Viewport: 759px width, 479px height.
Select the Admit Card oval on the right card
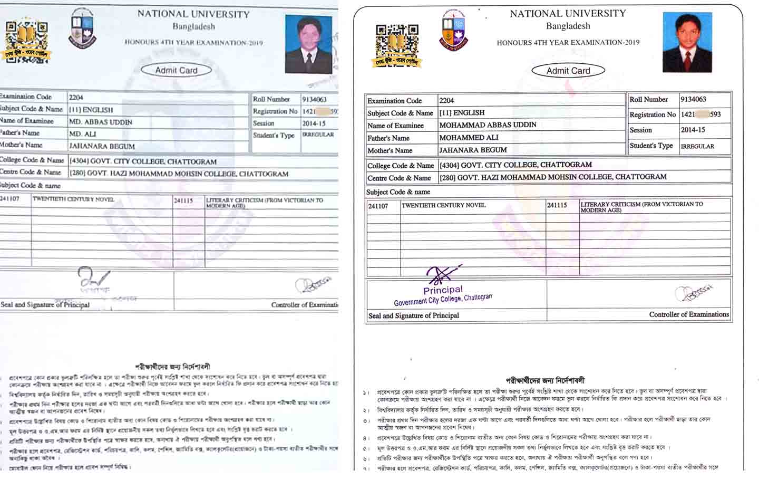pos(568,71)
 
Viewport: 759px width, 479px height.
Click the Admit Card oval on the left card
pos(176,70)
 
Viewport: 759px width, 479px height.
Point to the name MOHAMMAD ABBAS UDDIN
pos(488,125)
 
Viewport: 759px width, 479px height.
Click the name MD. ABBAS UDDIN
pos(101,122)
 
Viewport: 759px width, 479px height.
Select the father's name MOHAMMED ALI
pos(469,138)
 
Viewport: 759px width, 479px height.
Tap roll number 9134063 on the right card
pos(693,99)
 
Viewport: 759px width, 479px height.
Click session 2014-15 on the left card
pos(314,123)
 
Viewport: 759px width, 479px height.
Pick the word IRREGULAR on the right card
pos(697,146)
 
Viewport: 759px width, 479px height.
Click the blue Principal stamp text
pos(443,290)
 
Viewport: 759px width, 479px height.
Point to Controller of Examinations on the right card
pos(689,314)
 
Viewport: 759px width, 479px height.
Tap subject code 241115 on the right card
pos(557,205)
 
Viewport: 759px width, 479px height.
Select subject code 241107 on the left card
pos(10,199)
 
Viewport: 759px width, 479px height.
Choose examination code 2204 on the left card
pos(76,97)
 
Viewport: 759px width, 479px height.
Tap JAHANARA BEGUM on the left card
pos(102,146)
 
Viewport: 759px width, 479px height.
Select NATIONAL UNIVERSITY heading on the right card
pos(568,14)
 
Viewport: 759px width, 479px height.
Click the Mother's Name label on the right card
pos(390,150)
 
